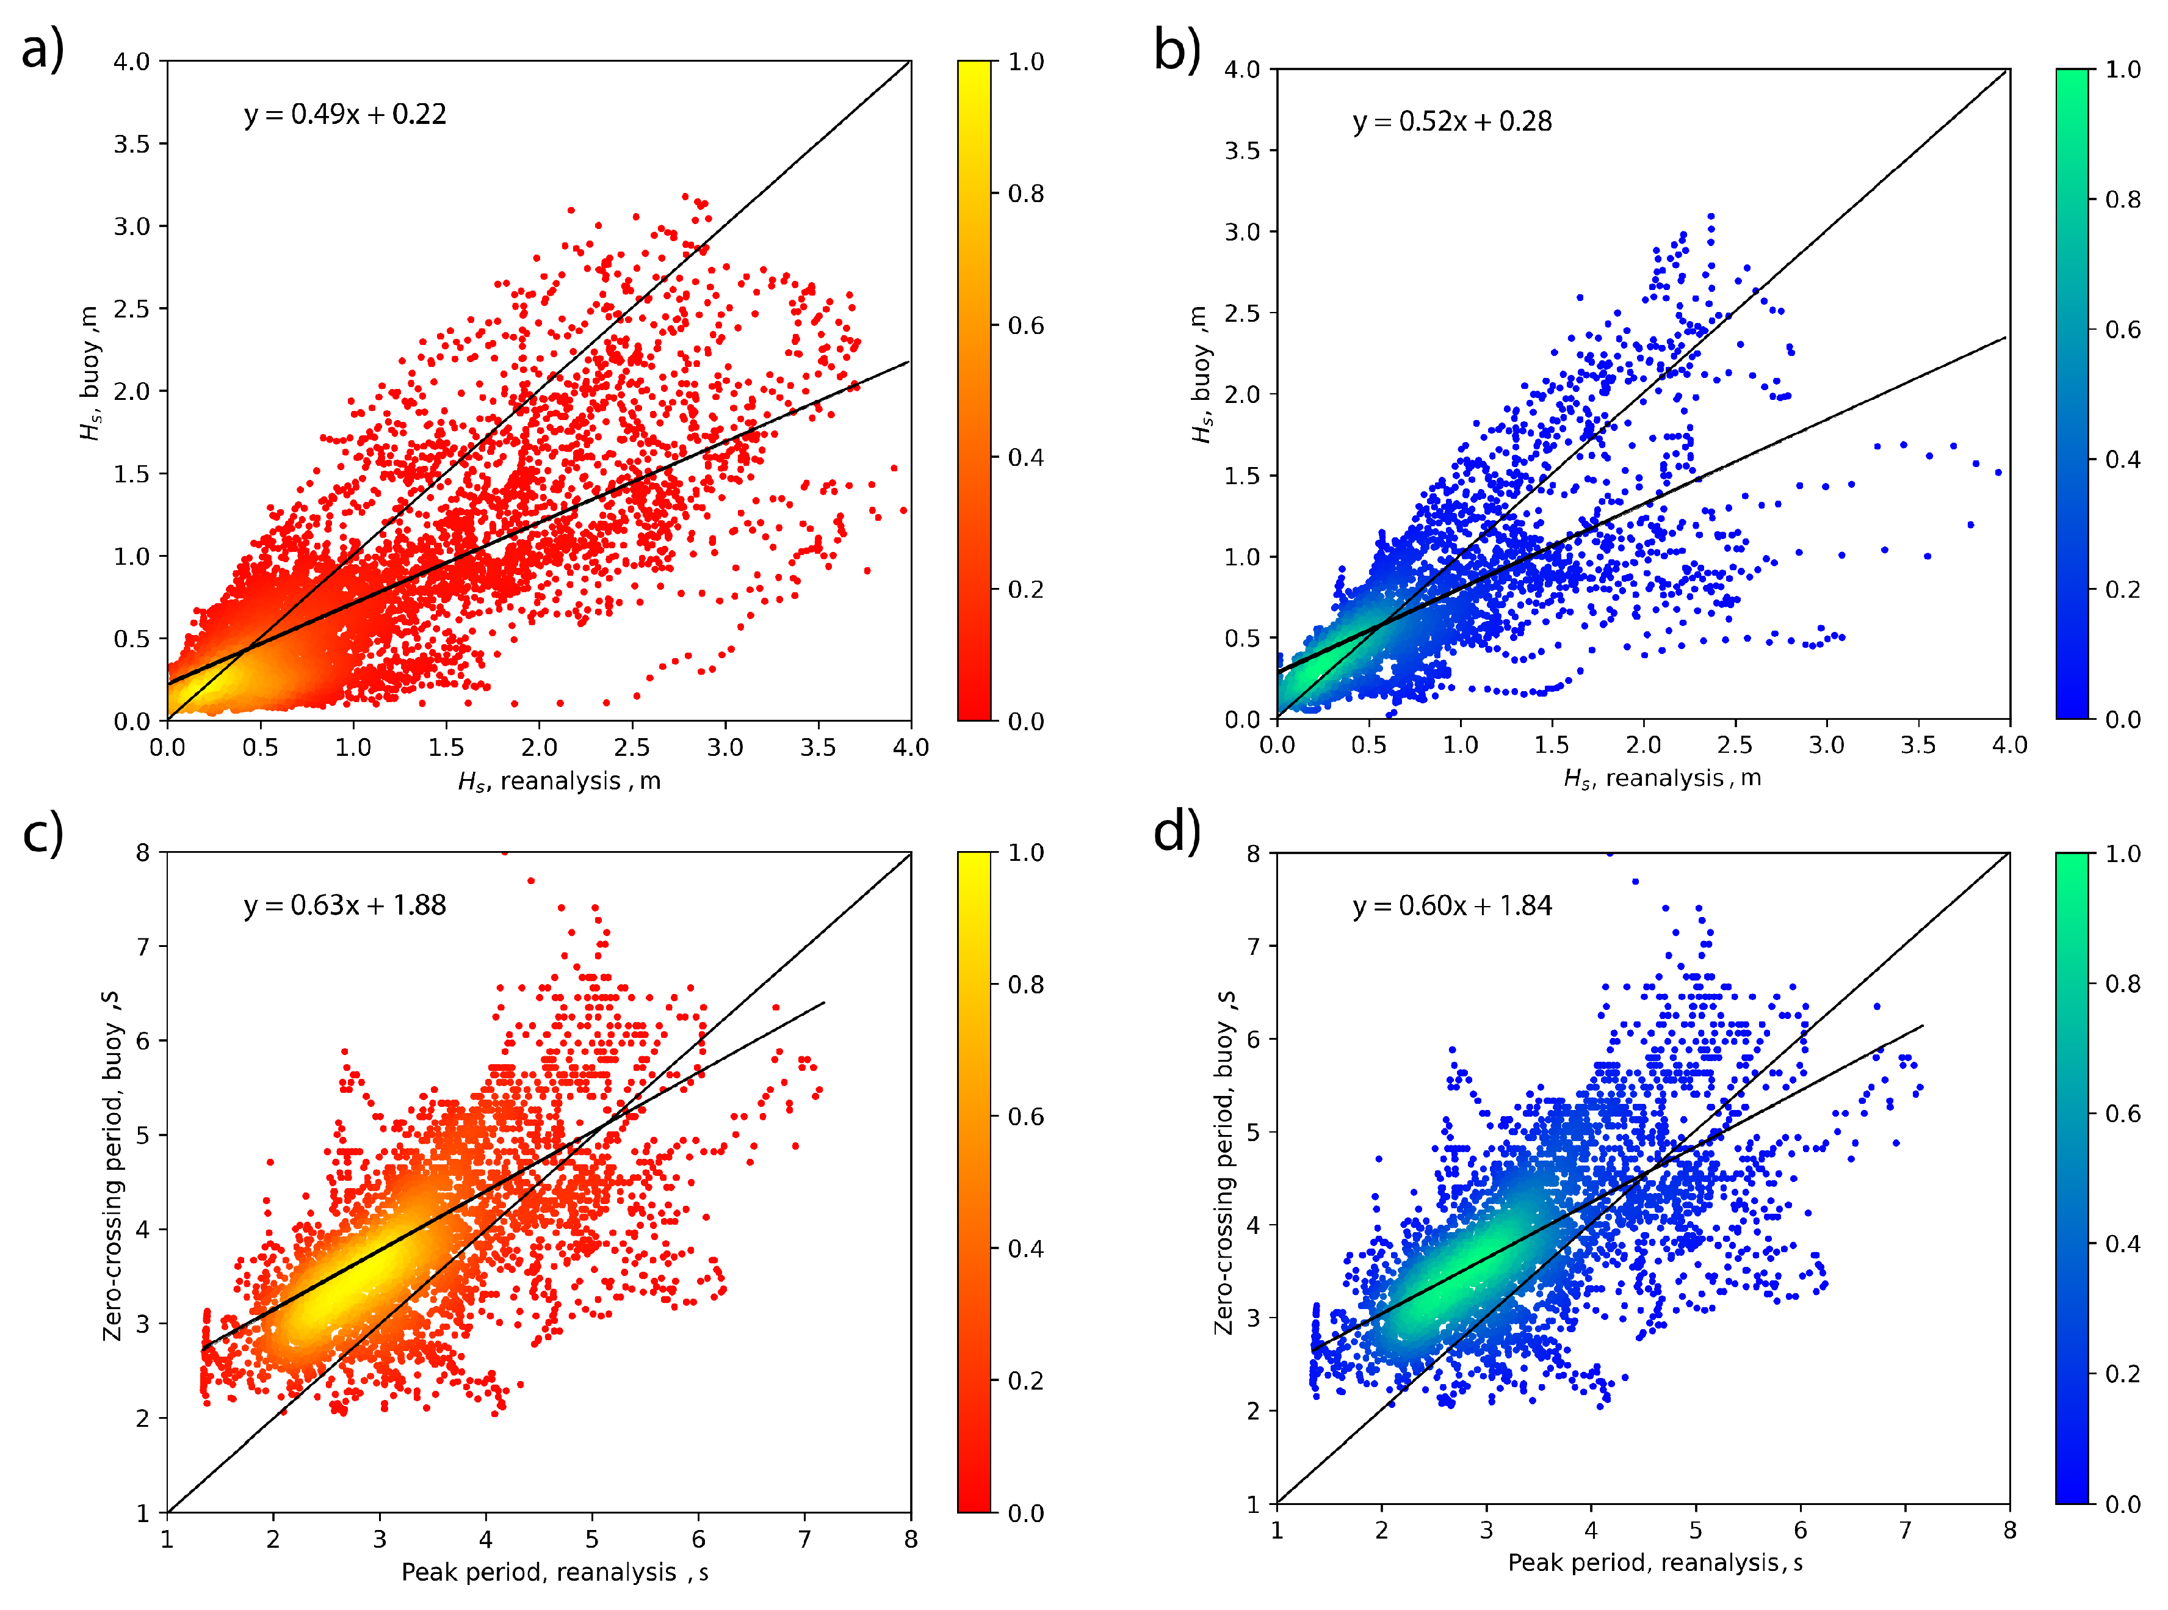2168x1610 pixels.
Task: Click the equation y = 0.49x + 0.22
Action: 345,114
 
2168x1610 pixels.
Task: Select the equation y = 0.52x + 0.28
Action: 1452,122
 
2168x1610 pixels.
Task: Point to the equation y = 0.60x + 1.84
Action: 1452,907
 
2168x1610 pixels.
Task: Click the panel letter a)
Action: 43,49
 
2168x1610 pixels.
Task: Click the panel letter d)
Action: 1177,832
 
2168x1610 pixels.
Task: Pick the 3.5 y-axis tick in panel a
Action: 132,144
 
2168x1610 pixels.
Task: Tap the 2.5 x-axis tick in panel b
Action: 1735,745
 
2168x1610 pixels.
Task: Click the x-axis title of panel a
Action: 559,781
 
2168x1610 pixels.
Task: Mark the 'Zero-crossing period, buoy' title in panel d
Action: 1224,1162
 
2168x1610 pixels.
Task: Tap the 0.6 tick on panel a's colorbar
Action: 1025,325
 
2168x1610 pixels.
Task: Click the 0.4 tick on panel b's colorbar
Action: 2122,459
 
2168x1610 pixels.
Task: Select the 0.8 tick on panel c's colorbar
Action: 1025,984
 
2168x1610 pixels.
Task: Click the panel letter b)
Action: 1177,49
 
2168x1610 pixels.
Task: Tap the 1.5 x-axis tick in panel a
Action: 446,747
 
